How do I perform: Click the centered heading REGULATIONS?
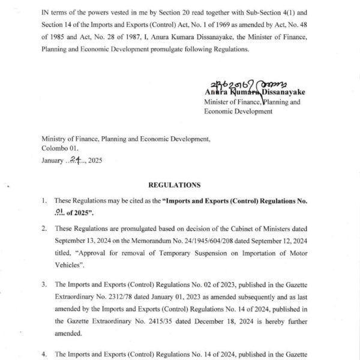coord(179,185)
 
